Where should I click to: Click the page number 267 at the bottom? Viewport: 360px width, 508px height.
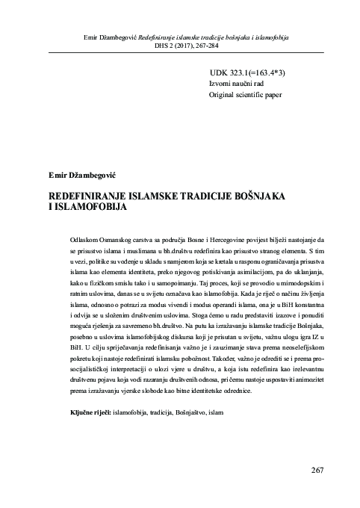pos(316,469)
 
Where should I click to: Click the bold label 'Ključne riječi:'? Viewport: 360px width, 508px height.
pos(89,433)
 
